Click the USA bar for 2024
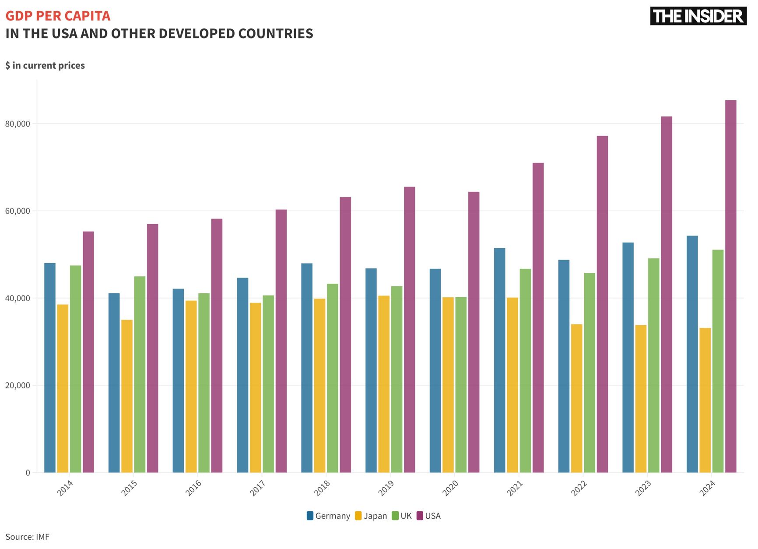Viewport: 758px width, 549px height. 730,286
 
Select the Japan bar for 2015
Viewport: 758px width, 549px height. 127,396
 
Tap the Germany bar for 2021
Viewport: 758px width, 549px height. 499,360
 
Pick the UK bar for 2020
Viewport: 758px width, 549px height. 461,385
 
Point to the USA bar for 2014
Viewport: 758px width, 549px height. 88,352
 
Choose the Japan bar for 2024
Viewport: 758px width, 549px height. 705,400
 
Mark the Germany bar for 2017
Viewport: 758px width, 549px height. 242,375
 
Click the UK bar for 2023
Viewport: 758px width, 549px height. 653,366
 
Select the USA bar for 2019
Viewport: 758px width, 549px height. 410,330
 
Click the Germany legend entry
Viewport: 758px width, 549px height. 329,516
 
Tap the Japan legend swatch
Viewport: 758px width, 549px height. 358,516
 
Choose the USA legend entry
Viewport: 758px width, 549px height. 428,516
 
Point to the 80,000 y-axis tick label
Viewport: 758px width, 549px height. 18,124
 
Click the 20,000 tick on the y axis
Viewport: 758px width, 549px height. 18,386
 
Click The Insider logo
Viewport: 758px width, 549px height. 698,16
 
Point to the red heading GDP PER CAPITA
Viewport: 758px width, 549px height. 58,16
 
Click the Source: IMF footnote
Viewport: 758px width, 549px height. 27,537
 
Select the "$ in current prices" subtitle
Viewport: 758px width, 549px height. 45,66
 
